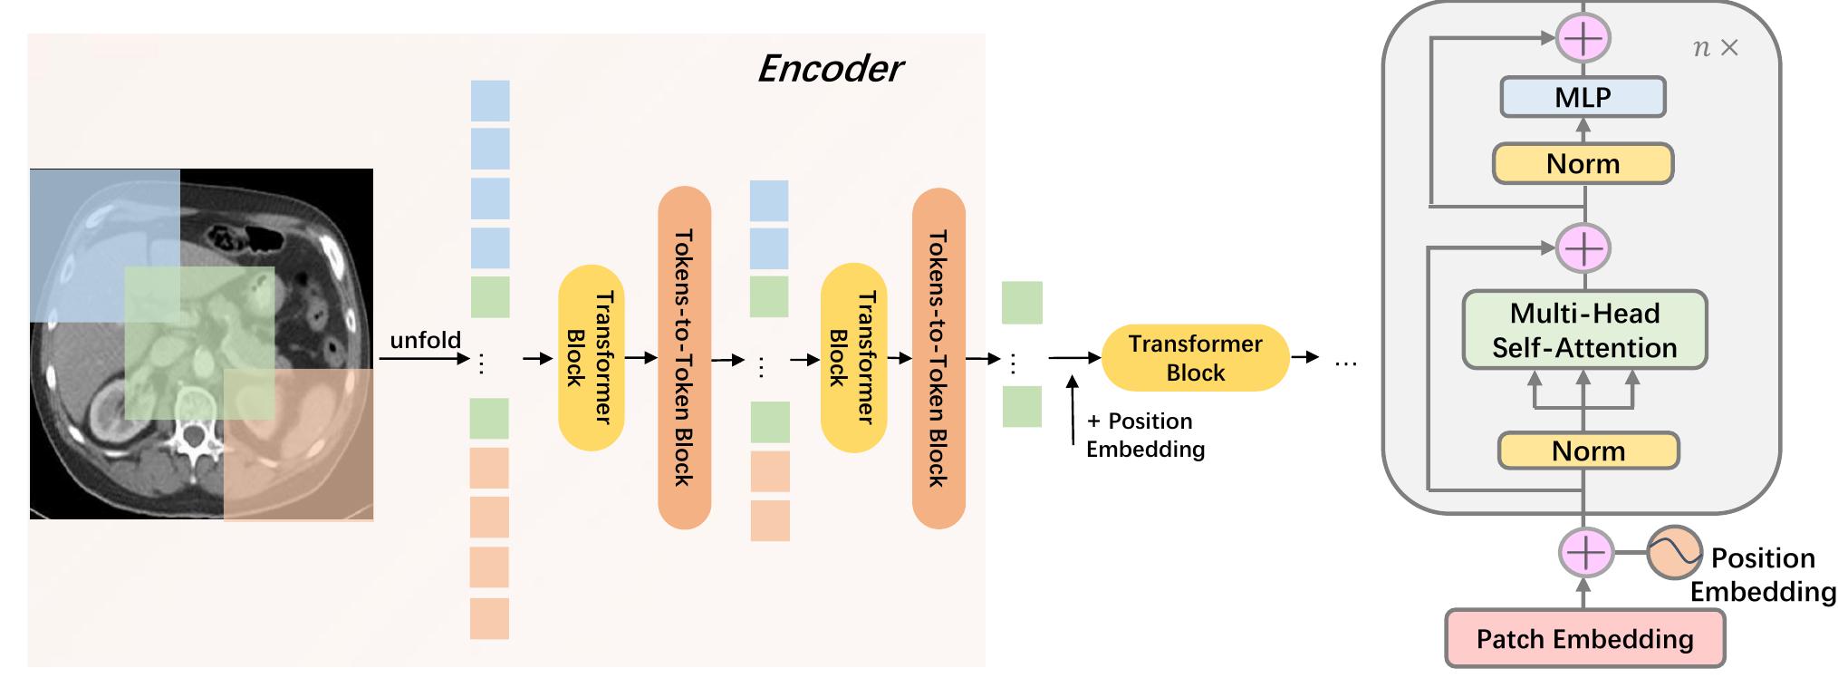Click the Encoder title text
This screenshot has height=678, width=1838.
[830, 69]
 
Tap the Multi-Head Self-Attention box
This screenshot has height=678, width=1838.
[1584, 330]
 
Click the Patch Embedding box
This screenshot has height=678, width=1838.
[1584, 639]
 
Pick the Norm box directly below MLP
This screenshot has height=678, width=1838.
[1583, 164]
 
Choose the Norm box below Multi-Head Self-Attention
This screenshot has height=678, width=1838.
[1588, 450]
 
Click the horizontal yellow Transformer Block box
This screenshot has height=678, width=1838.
[1195, 358]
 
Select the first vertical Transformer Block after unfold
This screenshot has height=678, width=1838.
[591, 358]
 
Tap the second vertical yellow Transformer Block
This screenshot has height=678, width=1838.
[853, 358]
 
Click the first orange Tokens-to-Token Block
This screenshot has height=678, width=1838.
[684, 358]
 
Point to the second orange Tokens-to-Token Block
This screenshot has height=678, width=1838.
[938, 358]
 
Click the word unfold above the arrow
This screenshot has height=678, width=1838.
[425, 340]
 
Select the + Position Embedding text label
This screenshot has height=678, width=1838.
[1145, 435]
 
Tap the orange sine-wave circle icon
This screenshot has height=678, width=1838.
[1674, 553]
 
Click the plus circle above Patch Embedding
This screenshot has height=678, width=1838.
[1585, 552]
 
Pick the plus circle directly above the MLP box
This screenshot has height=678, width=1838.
[1583, 38]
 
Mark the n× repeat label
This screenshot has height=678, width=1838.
[1715, 48]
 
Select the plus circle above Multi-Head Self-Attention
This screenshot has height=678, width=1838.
[1583, 247]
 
